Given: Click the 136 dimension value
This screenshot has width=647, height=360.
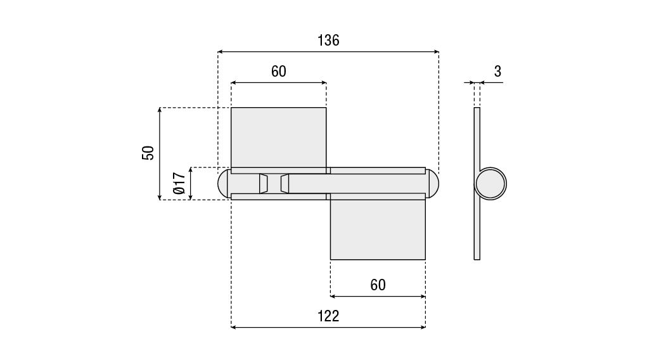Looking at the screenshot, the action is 328,41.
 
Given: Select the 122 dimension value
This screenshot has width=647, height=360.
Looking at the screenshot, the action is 328,316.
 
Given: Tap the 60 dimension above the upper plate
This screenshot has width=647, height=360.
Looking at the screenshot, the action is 279,72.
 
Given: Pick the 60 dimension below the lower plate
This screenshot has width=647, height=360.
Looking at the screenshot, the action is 378,285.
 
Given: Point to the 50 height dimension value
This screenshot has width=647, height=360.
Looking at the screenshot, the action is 148,153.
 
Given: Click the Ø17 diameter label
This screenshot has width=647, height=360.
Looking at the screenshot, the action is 179,183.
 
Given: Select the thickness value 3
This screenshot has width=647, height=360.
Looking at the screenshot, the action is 497,72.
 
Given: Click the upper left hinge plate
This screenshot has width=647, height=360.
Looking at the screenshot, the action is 279,138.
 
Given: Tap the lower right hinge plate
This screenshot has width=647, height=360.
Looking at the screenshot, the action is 378,229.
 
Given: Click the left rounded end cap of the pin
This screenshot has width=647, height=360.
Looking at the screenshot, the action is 223,183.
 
